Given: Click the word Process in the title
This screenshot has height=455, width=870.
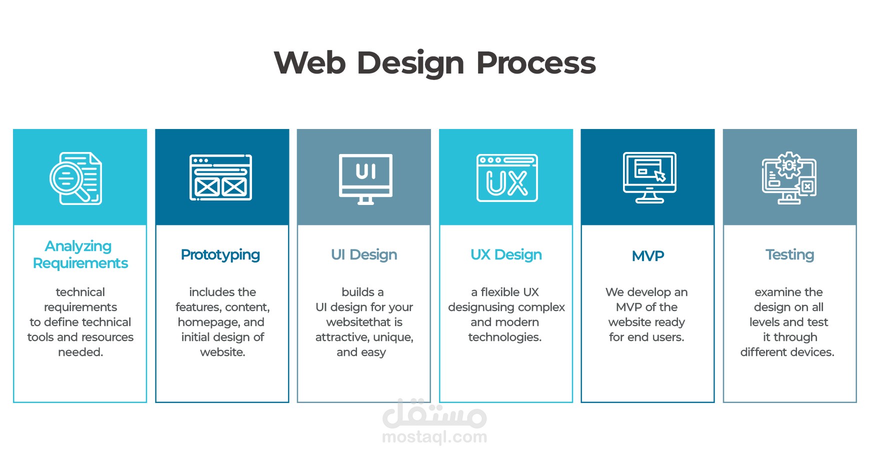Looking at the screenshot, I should [x=535, y=63].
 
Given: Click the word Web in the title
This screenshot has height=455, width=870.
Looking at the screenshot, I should [x=309, y=63].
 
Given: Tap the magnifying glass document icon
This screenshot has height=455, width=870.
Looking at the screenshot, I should [x=76, y=178].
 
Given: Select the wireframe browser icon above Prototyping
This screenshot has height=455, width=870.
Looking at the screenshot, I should [x=220, y=177].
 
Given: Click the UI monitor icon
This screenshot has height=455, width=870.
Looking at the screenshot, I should [x=365, y=178].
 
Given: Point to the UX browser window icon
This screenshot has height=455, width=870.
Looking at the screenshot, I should [x=507, y=178].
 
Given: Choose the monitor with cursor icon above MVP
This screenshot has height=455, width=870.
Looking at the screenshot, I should [x=649, y=177].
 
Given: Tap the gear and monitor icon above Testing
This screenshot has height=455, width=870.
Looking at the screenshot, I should [x=789, y=178].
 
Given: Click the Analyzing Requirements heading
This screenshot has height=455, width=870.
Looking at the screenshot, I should [x=80, y=254].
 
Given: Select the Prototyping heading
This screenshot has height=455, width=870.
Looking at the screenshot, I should [x=220, y=255].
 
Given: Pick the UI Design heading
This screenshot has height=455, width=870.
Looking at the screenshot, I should [x=364, y=255].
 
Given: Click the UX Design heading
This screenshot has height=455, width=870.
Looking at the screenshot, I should [x=506, y=255].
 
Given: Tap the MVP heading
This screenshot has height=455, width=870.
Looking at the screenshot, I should [x=648, y=256].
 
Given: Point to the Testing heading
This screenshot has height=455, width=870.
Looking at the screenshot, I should [x=789, y=255].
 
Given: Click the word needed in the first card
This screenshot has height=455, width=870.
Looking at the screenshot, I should [x=80, y=352].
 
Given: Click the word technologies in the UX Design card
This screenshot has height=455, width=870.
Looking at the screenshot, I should [x=504, y=337].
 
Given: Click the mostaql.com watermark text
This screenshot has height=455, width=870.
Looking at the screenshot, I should [x=434, y=437].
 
